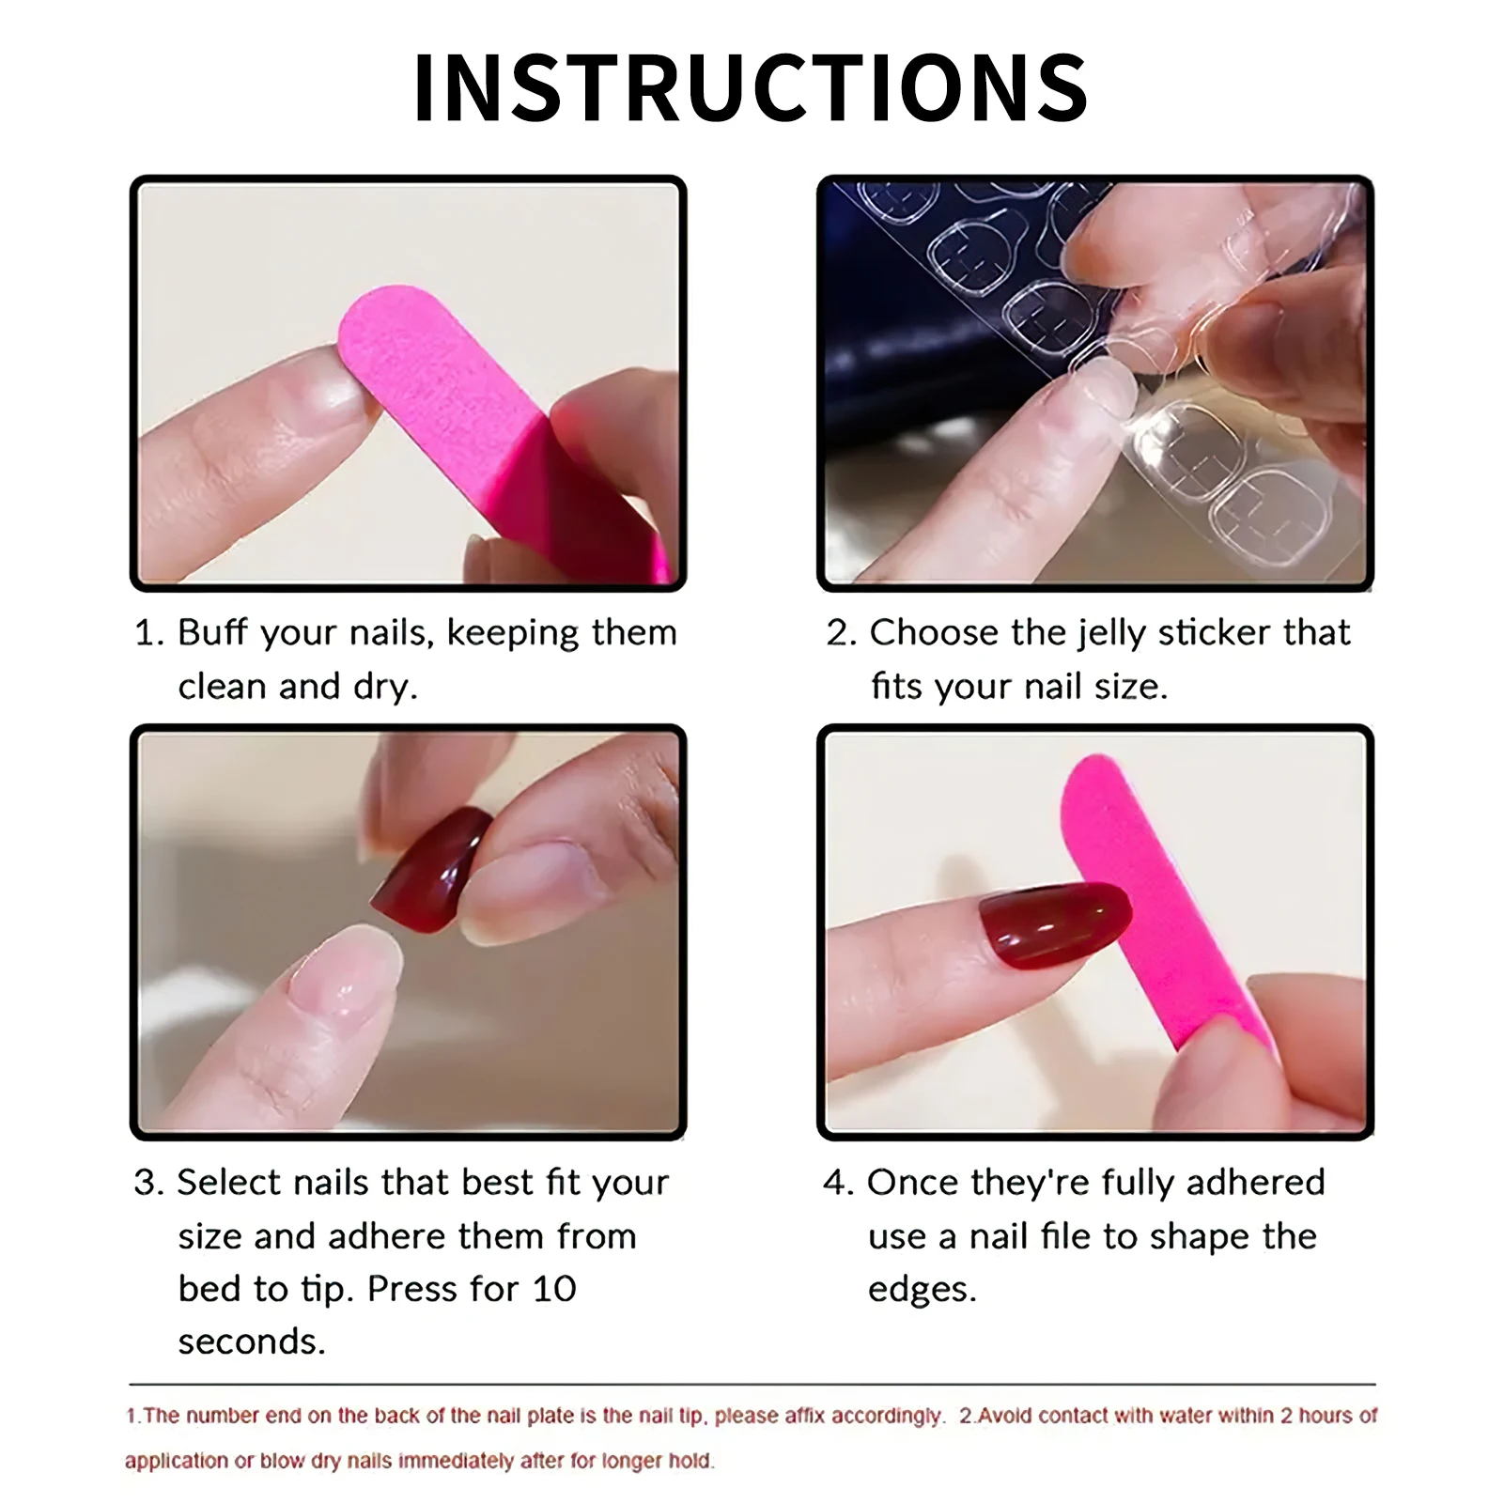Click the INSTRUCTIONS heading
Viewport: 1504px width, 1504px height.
point(751,88)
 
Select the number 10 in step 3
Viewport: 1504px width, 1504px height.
point(553,1289)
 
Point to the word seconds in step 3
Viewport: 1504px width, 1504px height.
point(251,1341)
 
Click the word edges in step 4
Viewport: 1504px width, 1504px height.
point(921,1290)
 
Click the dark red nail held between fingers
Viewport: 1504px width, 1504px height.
point(432,869)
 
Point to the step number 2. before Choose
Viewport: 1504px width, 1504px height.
point(842,633)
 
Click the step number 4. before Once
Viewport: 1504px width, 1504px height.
point(838,1183)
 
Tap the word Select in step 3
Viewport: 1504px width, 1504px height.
point(229,1183)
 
